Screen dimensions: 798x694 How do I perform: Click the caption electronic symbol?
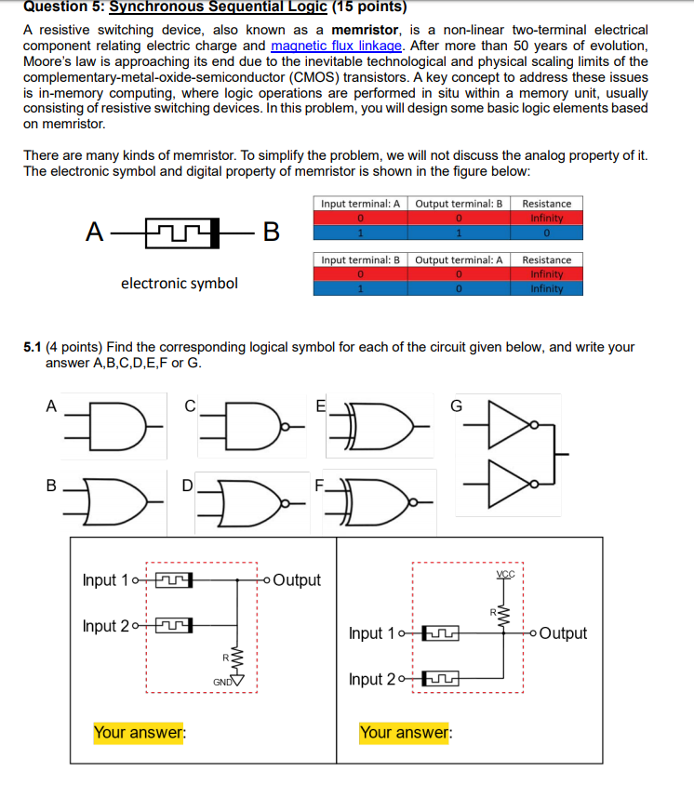click(x=179, y=283)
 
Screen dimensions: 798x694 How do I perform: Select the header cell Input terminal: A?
click(x=360, y=204)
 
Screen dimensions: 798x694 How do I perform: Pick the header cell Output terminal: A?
click(x=459, y=259)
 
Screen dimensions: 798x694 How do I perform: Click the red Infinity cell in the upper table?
click(x=546, y=219)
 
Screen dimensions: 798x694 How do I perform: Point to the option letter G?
click(x=456, y=406)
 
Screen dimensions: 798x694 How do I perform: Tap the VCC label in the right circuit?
click(x=506, y=575)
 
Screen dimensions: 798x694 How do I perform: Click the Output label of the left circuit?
click(x=297, y=580)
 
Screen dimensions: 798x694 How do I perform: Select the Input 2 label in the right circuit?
click(x=372, y=679)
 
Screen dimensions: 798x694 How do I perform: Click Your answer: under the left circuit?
click(x=140, y=733)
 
